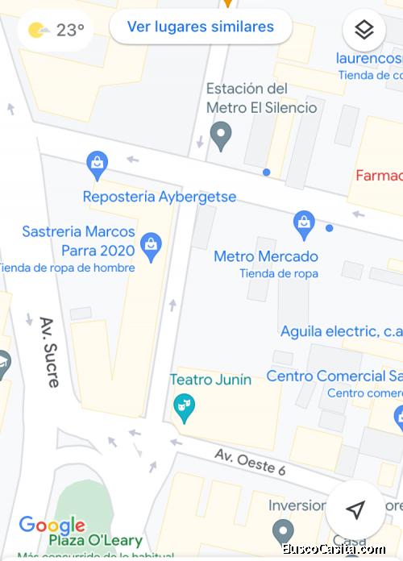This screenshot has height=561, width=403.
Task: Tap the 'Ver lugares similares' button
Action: tap(200, 27)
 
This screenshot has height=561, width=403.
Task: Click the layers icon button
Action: tap(364, 31)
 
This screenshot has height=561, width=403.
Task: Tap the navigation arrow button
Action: tap(355, 509)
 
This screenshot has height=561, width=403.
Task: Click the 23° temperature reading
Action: tap(70, 31)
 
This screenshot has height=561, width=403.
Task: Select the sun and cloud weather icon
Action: tap(38, 31)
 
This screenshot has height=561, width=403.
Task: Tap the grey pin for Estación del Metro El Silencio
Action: tap(221, 135)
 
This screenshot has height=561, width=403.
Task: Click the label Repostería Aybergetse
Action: tap(160, 197)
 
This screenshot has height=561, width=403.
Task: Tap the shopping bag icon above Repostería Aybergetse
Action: tap(98, 165)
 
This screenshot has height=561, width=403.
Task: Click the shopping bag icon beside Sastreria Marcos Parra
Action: tap(151, 246)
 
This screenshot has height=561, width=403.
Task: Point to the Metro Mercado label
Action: tap(266, 256)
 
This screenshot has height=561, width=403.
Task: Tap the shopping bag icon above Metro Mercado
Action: tap(304, 225)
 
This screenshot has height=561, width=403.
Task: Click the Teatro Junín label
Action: tap(210, 379)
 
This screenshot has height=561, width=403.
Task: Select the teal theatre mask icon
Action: tap(185, 407)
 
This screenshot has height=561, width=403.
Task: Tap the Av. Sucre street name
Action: tap(50, 351)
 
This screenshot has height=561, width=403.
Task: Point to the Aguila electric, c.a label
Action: tap(341, 331)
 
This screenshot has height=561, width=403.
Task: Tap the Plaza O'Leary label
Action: tap(95, 541)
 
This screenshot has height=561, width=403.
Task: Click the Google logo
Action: tap(52, 525)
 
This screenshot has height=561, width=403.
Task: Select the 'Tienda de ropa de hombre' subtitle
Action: tap(66, 268)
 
